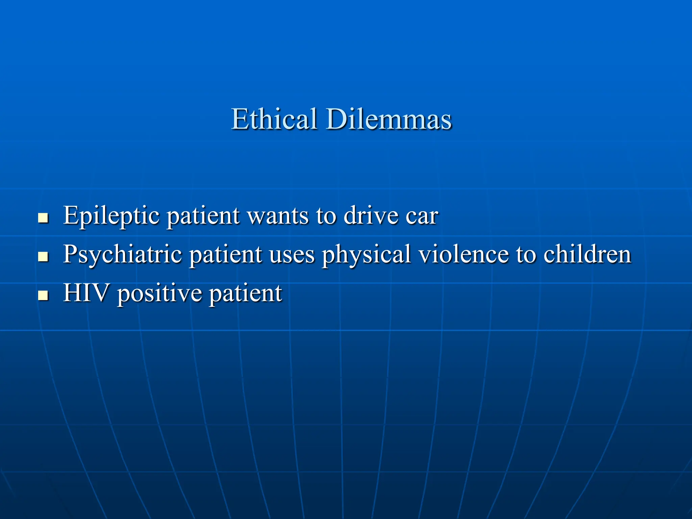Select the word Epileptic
point(111,216)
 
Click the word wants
point(278,216)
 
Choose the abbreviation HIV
point(86,293)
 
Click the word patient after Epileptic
point(203,216)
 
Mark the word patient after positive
point(245,293)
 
